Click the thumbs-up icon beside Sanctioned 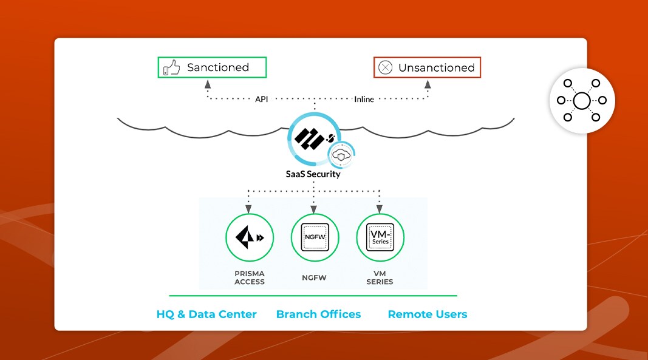(172, 67)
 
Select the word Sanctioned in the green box (218, 67)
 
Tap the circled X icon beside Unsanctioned (385, 67)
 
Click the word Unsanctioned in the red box (436, 67)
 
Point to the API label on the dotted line (261, 98)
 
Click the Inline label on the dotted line (364, 98)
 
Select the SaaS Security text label (313, 174)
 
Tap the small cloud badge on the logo (342, 155)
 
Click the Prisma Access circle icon (250, 237)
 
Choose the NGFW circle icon (315, 237)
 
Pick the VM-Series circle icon (380, 237)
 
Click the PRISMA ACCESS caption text (250, 277)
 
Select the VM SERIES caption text (380, 277)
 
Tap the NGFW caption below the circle (315, 277)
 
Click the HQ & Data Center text (206, 314)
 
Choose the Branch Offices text (318, 314)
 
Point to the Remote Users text (428, 314)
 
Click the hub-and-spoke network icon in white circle (582, 100)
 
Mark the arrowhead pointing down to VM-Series (380, 209)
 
